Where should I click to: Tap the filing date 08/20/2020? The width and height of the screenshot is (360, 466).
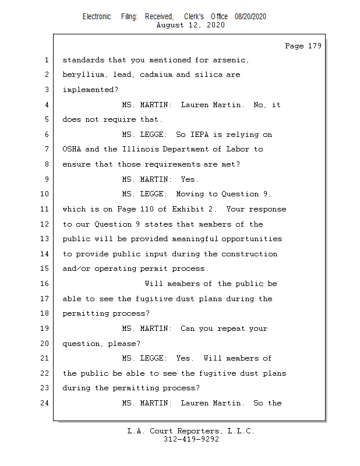[x=250, y=17]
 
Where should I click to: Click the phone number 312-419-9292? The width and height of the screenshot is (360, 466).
[x=191, y=439]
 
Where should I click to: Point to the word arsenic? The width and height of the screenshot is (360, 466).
[x=231, y=60]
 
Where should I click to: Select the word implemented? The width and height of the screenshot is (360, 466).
[x=88, y=90]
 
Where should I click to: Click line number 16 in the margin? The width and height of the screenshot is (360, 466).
[x=45, y=284]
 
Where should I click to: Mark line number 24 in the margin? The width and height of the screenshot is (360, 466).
[x=45, y=403]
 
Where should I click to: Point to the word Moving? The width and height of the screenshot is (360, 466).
[x=190, y=194]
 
